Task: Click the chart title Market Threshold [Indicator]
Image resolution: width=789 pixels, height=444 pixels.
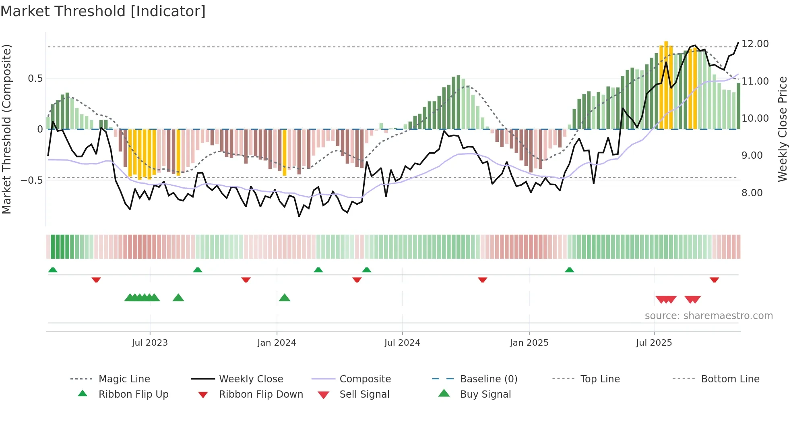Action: click(x=103, y=11)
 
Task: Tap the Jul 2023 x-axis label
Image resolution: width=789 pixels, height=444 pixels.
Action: click(x=150, y=343)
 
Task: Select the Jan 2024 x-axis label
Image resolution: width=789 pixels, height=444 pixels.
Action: click(x=277, y=343)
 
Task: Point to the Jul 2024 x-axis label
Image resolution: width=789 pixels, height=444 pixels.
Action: click(x=402, y=343)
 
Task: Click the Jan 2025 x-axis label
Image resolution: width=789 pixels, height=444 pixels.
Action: click(x=529, y=343)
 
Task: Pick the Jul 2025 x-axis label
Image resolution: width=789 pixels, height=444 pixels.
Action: click(x=654, y=343)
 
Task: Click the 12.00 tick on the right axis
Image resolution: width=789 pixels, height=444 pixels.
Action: click(x=755, y=44)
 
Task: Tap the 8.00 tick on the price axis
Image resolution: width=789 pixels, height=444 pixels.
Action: click(x=752, y=193)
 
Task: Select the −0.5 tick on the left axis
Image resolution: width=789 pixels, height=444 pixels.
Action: click(x=32, y=180)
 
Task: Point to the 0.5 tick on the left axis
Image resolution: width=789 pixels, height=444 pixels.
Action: click(x=35, y=79)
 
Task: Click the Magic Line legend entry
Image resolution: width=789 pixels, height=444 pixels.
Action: click(x=124, y=379)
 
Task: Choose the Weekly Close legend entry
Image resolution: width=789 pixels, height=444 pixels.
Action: click(x=251, y=379)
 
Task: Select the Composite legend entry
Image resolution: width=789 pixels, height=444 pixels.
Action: click(x=365, y=379)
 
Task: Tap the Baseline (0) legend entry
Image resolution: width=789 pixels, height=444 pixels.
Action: click(x=488, y=379)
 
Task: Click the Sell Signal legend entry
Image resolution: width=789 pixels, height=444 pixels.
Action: click(x=364, y=394)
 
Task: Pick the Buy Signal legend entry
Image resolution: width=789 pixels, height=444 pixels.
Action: click(x=485, y=394)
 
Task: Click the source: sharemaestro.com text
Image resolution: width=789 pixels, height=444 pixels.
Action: click(x=708, y=316)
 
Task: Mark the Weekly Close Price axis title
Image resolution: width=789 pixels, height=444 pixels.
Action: click(x=782, y=129)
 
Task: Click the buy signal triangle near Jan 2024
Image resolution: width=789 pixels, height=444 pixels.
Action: click(x=285, y=298)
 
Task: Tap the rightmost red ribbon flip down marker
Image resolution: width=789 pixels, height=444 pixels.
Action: click(x=715, y=280)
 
